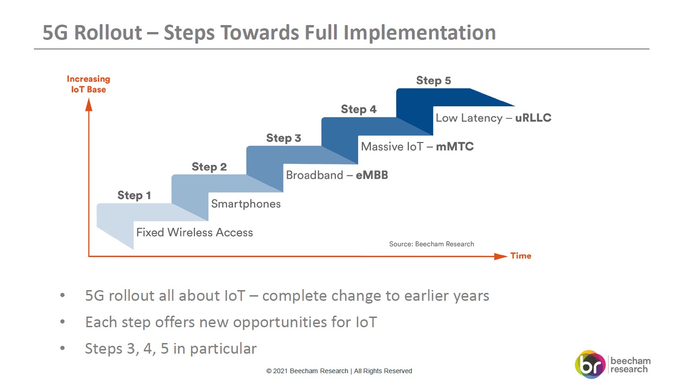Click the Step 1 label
134,195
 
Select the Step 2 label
209,167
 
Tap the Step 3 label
283,138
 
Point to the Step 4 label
359,109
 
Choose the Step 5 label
434,81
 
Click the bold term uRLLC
533,118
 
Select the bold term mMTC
455,147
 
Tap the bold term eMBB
372,175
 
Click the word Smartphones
246,204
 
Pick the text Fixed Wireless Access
194,233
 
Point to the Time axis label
521,256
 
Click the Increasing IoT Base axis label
89,84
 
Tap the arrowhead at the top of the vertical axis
89,104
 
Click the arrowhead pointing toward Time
501,256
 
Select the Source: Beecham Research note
431,244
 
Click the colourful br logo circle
590,364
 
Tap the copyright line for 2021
339,371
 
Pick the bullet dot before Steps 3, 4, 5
63,348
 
